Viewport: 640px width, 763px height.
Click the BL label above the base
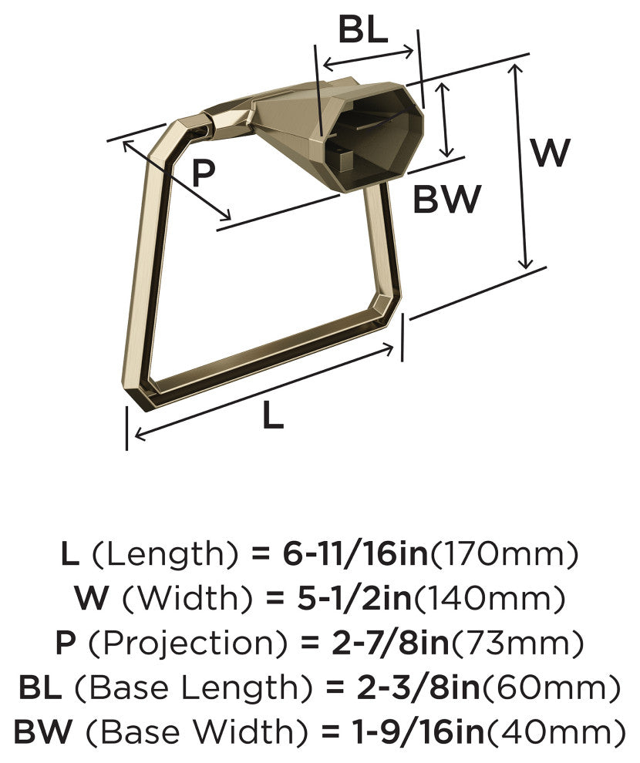click(363, 31)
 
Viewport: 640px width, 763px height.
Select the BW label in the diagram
click(446, 199)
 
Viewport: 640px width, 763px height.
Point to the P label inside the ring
click(203, 173)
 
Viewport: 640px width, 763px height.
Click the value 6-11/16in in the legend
click(355, 554)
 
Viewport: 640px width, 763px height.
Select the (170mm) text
click(504, 554)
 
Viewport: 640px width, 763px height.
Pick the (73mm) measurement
click(517, 643)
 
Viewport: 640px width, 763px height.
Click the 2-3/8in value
click(418, 687)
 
